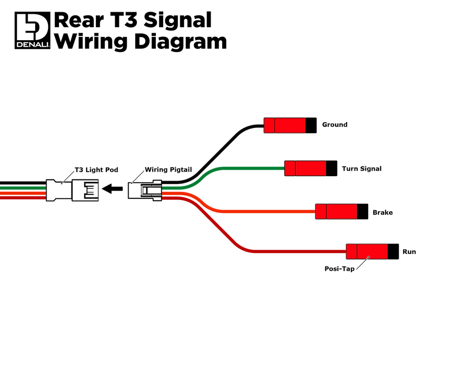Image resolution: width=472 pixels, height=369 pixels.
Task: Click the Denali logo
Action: (33, 30)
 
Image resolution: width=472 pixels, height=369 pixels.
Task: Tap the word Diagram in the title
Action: (180, 42)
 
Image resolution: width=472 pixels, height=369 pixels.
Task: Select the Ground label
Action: (335, 125)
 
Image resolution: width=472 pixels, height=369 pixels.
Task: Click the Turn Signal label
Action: (361, 169)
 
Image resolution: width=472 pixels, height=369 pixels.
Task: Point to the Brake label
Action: (383, 213)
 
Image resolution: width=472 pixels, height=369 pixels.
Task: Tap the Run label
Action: (409, 252)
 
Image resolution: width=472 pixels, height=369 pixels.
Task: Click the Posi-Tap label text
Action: (339, 269)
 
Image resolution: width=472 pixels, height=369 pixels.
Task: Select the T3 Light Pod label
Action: (96, 170)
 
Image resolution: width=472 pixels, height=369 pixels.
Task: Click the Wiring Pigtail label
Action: (168, 170)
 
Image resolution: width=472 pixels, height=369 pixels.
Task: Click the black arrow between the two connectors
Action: (112, 189)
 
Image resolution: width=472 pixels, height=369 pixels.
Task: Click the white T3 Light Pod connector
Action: (72, 190)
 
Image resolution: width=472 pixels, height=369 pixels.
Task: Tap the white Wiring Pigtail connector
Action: (145, 190)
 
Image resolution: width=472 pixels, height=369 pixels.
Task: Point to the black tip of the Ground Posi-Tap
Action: (311, 125)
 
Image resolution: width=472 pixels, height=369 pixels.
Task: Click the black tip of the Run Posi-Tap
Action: (394, 251)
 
